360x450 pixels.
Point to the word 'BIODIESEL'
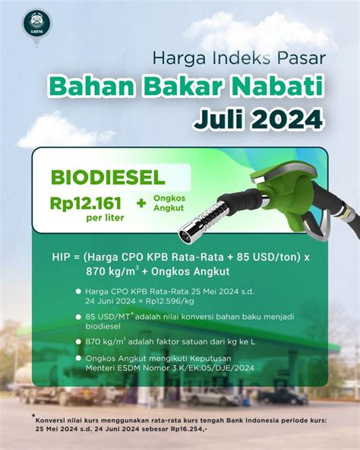[107, 178]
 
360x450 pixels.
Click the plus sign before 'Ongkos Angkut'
[141, 203]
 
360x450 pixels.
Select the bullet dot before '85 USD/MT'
[77, 315]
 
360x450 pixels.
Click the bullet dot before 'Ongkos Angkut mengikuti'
[77, 358]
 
